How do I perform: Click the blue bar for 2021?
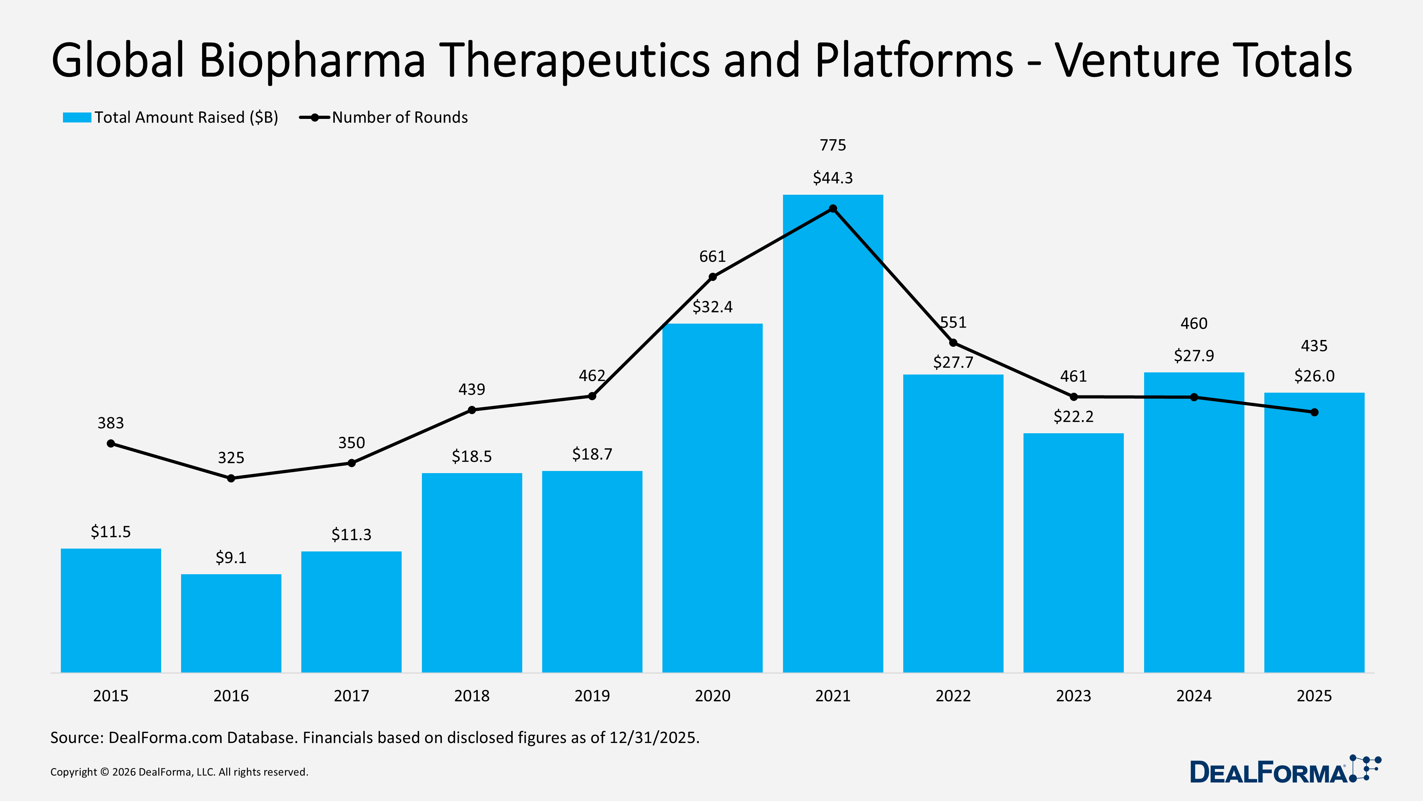832,442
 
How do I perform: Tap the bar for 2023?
1073,553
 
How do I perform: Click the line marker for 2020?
713,277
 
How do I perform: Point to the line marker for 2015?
111,443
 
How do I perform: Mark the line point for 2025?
1314,412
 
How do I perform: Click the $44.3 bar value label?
832,178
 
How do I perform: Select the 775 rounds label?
832,145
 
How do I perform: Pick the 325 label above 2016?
231,458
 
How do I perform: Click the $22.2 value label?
1073,416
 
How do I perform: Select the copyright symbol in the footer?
104,772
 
